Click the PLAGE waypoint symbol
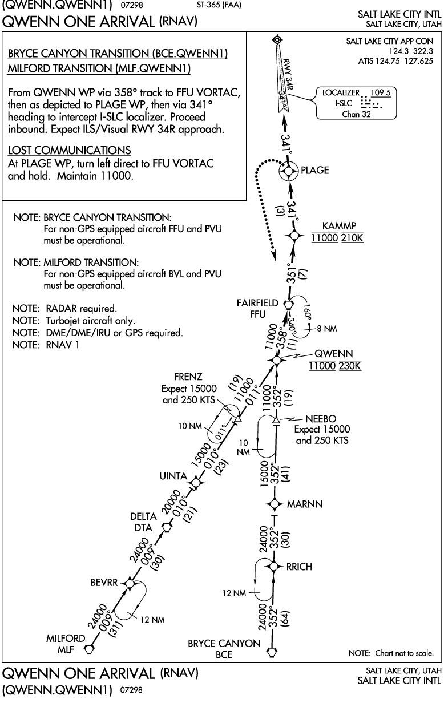[289, 170]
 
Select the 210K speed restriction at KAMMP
[352, 237]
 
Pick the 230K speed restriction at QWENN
[349, 366]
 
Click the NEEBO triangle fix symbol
[276, 421]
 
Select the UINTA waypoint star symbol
[196, 485]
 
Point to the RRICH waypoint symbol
[275, 566]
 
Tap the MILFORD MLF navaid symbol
[89, 648]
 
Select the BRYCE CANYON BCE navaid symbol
[272, 649]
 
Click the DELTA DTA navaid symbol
[167, 527]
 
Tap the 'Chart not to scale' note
[391, 653]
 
